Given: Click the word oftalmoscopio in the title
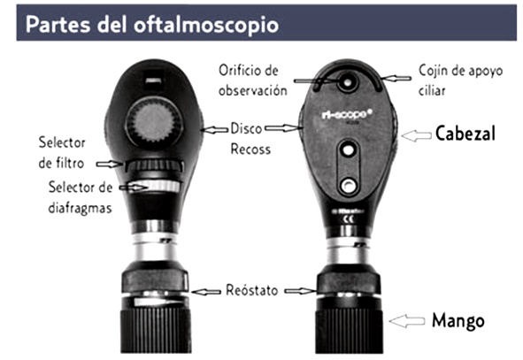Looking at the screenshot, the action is point(206,25).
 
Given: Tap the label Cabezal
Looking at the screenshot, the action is point(465,134).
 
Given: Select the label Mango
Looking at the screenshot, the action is point(458,321).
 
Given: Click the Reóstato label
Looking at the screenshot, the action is point(252,290).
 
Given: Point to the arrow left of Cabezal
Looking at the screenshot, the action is point(416,135).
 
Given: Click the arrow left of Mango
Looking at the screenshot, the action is point(407,321).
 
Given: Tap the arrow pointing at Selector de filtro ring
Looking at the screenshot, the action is point(110,164).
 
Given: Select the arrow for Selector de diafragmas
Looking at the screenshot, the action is point(134,188).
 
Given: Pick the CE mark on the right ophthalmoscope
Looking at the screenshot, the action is point(349,219).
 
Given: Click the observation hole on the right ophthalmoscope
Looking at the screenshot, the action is point(348,81).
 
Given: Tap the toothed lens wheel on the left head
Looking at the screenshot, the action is point(154,124).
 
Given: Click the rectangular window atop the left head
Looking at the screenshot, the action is point(155,80).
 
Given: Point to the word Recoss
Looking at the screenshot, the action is point(250,149).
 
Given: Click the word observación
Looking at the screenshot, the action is point(253,91).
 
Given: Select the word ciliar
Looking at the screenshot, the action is point(432,90).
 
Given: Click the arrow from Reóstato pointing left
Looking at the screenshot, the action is point(206,292).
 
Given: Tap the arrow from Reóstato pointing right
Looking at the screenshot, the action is point(300,291).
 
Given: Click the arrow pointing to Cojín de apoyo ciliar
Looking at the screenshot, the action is point(396,79).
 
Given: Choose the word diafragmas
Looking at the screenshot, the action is point(80,209).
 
